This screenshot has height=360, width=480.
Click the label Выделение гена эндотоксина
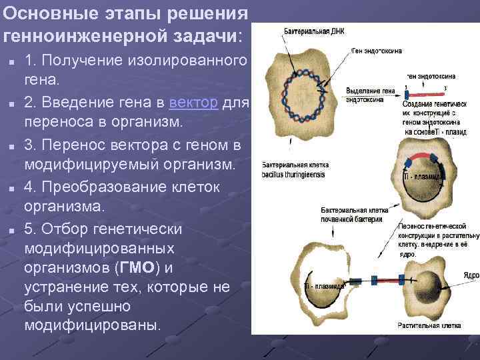pyautogui.click(x=370, y=95)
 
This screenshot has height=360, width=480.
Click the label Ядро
pyautogui.click(x=471, y=275)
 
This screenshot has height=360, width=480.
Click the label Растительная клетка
pyautogui.click(x=427, y=326)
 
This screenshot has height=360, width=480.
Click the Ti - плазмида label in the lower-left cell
pyautogui.click(x=324, y=286)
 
